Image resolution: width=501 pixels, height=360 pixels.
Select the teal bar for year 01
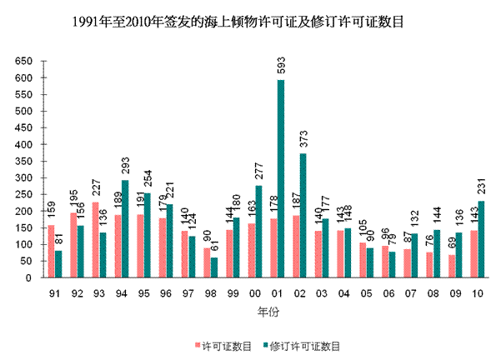click(280, 178)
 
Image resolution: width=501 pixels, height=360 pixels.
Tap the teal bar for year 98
click(214, 267)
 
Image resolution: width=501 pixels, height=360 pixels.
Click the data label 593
click(280, 67)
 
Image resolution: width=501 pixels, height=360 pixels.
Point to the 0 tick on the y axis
click(31, 277)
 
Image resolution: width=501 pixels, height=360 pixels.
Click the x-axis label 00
click(253, 292)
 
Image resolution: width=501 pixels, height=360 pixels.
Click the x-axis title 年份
click(264, 311)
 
